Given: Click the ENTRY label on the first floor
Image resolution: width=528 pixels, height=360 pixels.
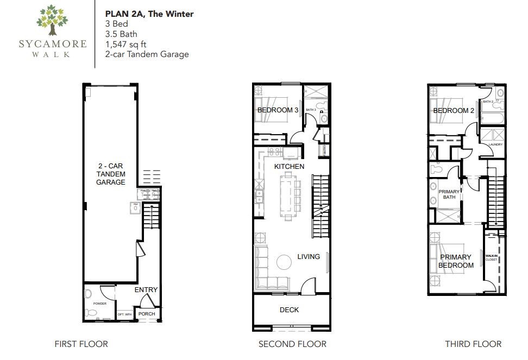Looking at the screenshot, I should [146, 290].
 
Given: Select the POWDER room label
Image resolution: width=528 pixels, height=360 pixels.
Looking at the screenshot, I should [99, 304].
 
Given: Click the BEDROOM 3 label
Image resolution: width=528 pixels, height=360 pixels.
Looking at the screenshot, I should [278, 110].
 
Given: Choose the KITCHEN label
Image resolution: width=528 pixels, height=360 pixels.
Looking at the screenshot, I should [289, 166].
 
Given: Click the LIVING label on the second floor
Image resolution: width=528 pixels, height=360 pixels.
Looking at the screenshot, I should [308, 256].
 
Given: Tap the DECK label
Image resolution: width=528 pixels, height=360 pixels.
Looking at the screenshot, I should [289, 310].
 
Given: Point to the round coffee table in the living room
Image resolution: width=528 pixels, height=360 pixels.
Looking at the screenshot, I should [285, 263].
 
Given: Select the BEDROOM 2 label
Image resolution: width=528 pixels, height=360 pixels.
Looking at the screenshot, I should [454, 111].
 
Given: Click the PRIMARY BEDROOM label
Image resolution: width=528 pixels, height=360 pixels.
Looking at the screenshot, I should [456, 261].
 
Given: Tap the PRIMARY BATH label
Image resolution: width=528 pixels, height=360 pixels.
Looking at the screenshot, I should [449, 194].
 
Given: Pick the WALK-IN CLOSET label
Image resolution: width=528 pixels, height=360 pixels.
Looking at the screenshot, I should [492, 257].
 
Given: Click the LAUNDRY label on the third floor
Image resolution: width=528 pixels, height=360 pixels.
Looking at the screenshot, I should [495, 144].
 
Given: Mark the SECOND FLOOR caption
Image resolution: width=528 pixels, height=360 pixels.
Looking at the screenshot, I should [292, 344].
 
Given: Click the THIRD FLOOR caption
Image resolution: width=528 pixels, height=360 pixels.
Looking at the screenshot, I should [473, 344].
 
